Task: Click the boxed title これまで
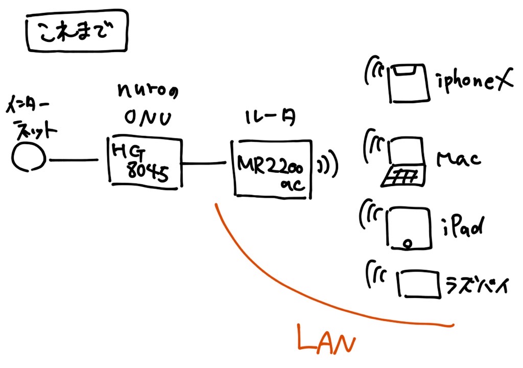[x=77, y=34]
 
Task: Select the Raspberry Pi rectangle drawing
[x=418, y=284]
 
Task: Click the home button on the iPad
[x=407, y=243]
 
